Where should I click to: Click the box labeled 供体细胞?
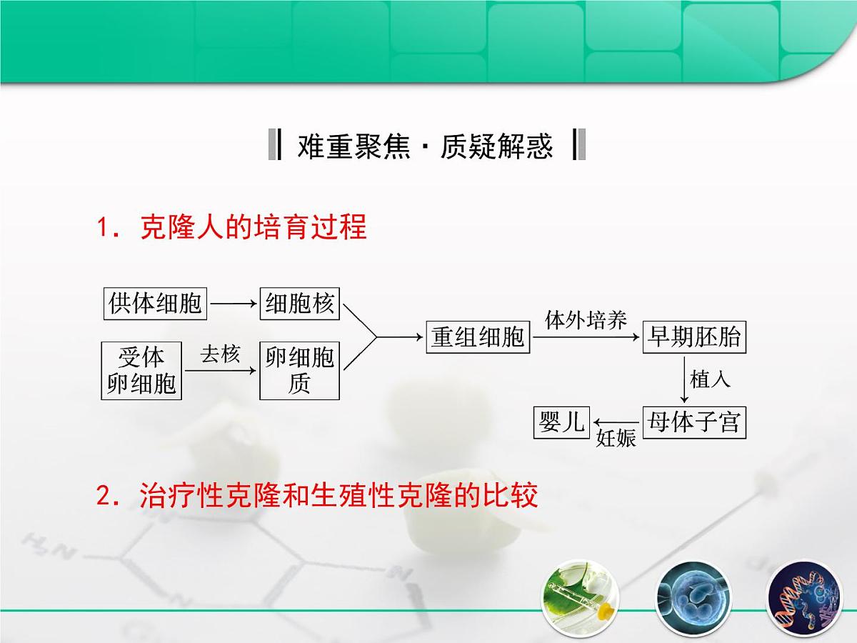point(155,304)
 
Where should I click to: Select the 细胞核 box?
point(299,304)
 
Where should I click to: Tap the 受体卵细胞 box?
point(141,370)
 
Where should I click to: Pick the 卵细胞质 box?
point(299,370)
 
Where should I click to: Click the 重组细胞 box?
point(478,337)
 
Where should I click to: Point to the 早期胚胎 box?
point(693,337)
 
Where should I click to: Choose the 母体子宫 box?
point(693,423)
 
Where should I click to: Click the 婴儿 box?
point(562,423)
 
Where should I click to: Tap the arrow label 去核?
point(220,354)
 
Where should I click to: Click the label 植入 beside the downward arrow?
point(711,379)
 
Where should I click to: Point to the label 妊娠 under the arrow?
point(616,439)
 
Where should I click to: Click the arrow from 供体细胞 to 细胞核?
point(234,304)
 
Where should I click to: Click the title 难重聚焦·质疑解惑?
point(426,146)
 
